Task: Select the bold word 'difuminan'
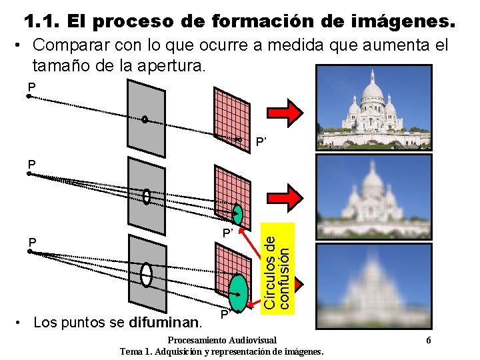pyautogui.click(x=167, y=323)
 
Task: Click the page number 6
pyautogui.click(x=428, y=339)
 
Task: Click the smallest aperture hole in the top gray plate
pyautogui.click(x=145, y=120)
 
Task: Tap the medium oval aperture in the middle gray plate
pyautogui.click(x=146, y=197)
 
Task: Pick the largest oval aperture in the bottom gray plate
pyautogui.click(x=146, y=274)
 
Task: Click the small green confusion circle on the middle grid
pyautogui.click(x=238, y=215)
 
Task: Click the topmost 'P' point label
pyautogui.click(x=31, y=87)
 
